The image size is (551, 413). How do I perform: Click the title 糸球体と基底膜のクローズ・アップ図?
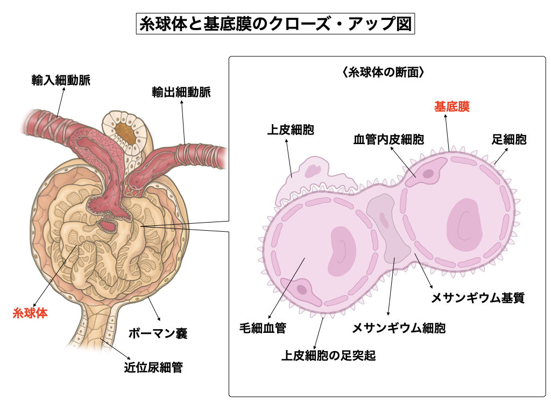[275, 24]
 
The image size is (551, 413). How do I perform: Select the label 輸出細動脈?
[181, 92]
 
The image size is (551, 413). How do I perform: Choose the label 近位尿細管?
[153, 368]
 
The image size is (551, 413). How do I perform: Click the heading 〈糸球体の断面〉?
[383, 72]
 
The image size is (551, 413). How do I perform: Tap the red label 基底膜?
[452, 106]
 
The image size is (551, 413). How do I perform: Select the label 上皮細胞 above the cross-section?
[291, 130]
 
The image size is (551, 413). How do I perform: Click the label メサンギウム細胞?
[399, 327]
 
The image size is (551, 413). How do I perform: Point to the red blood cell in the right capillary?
[464, 224]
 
